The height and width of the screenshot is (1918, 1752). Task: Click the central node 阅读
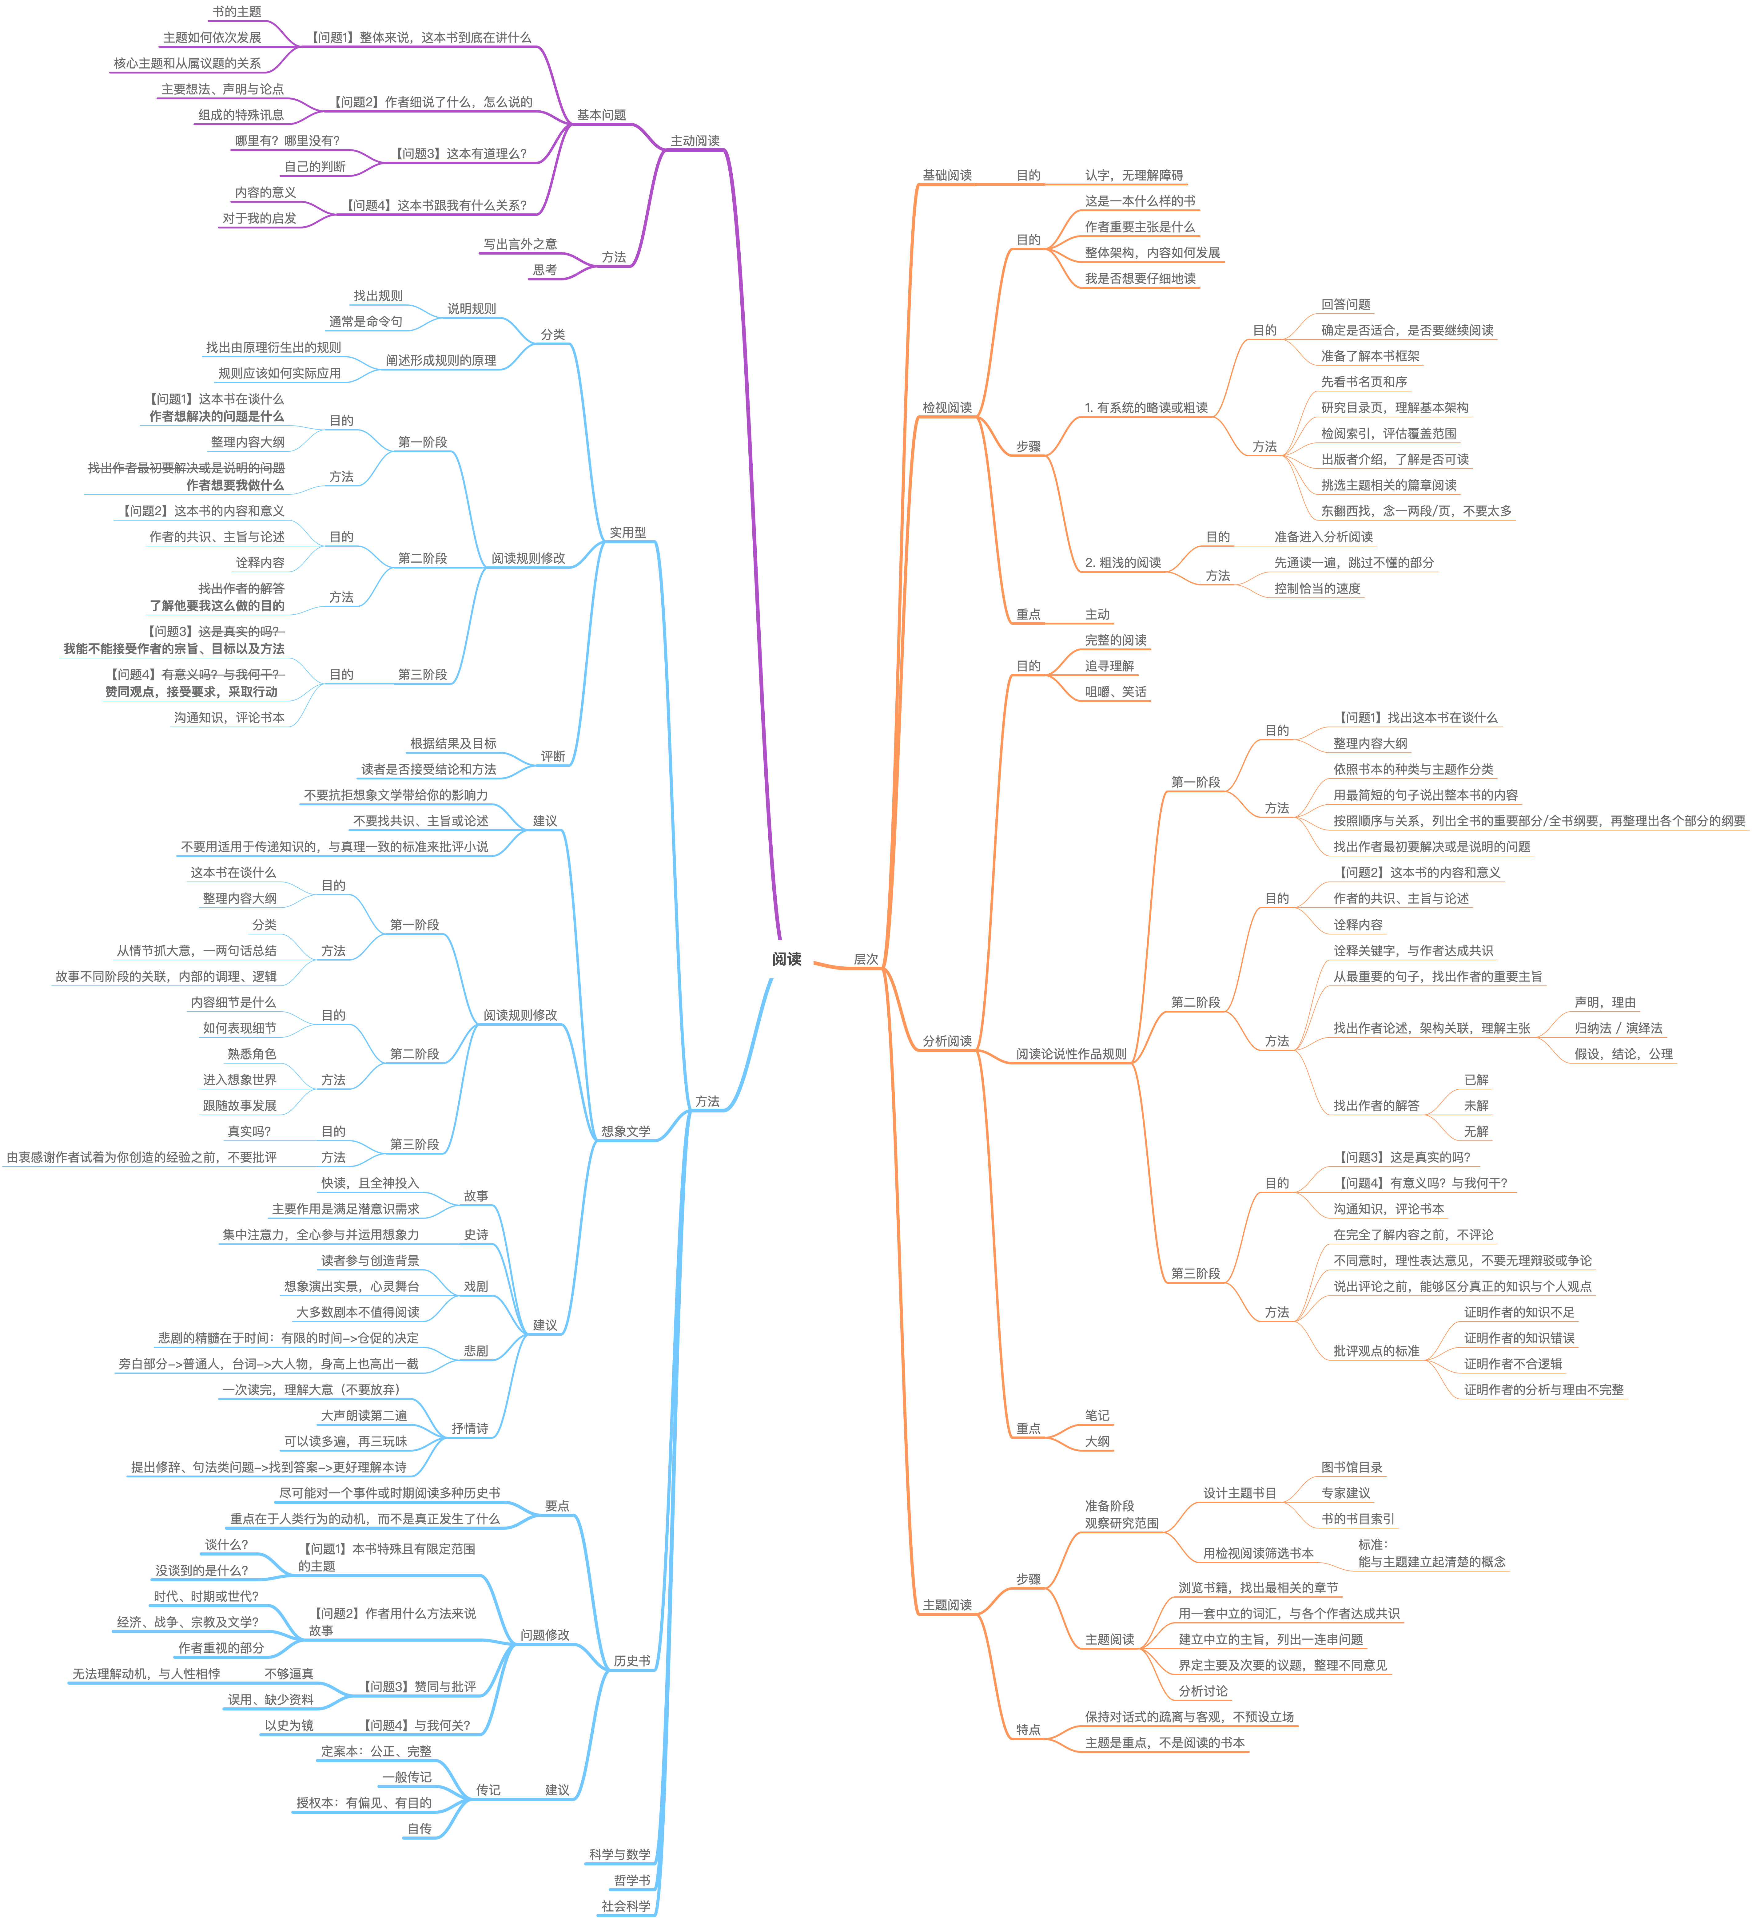click(786, 959)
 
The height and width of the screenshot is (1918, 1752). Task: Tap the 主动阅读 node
click(695, 141)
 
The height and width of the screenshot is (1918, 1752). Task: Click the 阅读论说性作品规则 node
click(1071, 1054)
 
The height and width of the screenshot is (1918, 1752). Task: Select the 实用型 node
click(627, 533)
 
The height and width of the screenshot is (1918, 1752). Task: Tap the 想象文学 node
click(625, 1131)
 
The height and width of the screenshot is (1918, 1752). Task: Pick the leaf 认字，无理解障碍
click(1133, 175)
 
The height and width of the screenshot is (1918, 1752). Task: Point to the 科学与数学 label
click(619, 1854)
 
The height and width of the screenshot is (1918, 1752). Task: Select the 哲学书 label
click(632, 1880)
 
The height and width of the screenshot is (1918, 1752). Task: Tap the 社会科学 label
click(625, 1906)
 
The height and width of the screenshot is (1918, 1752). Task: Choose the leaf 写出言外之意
click(520, 244)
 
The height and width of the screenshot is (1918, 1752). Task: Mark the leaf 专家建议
click(1345, 1493)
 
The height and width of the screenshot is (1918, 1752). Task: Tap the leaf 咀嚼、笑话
click(1115, 692)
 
